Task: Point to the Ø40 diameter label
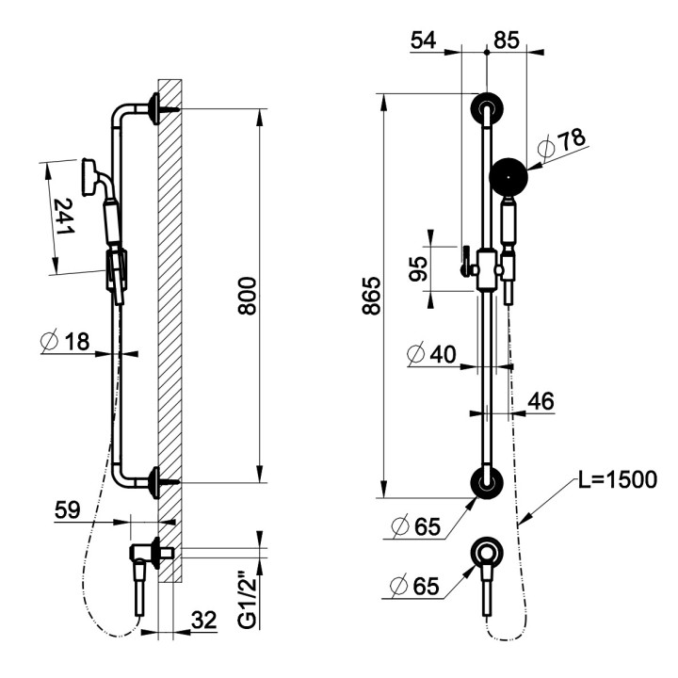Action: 431,355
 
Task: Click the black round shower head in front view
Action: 508,174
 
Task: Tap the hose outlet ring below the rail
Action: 487,554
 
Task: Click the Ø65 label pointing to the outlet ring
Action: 414,586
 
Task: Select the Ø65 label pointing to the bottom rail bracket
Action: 414,526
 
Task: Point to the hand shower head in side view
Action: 91,172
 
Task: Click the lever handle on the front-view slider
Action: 465,261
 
